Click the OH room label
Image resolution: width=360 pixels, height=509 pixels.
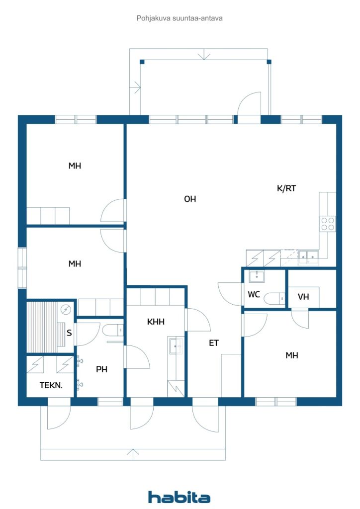[190, 199]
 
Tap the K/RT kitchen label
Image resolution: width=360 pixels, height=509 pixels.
[286, 188]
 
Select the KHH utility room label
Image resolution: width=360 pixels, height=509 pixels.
[156, 322]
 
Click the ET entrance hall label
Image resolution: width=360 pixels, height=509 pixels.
[214, 343]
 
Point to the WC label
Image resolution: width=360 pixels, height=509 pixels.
[254, 294]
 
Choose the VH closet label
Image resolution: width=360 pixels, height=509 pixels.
[303, 297]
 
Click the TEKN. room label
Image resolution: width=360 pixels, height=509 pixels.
[51, 385]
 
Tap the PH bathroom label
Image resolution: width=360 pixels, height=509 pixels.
[102, 369]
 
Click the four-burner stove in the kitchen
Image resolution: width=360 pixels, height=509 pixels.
[328, 224]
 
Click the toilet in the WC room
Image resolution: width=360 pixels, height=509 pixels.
[274, 298]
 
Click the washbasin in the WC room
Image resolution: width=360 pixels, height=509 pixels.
[257, 276]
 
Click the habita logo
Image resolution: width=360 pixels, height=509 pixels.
[179, 497]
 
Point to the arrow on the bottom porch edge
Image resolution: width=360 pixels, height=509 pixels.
[133, 452]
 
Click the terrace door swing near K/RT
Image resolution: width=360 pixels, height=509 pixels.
[250, 104]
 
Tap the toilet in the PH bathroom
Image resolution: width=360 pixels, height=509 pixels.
[113, 330]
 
